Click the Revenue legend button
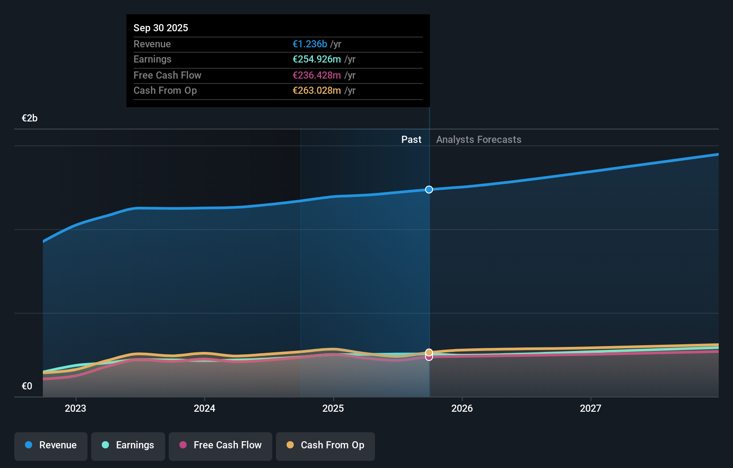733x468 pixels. tap(51, 445)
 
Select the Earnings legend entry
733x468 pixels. tap(128, 445)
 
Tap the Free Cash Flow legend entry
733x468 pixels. tap(221, 445)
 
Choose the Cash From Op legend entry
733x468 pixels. tap(325, 445)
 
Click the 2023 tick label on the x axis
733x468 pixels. tap(75, 408)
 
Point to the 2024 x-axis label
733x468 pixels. tap(204, 408)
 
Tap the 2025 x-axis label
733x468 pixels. tap(333, 408)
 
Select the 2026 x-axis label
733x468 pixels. tap(462, 408)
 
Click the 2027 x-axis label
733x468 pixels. tap(591, 408)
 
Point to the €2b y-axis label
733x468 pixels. tap(29, 118)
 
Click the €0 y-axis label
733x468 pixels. tap(27, 386)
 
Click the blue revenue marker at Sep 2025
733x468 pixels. tap(429, 190)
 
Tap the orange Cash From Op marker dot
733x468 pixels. tap(429, 352)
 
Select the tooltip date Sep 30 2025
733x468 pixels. tap(161, 28)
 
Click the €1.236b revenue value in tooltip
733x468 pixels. tap(310, 44)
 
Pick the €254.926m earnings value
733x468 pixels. tap(317, 59)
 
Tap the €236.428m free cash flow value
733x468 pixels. tap(317, 75)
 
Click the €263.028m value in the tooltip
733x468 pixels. tap(317, 91)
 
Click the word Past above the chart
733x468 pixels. tap(411, 140)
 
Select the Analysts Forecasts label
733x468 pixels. tap(479, 140)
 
